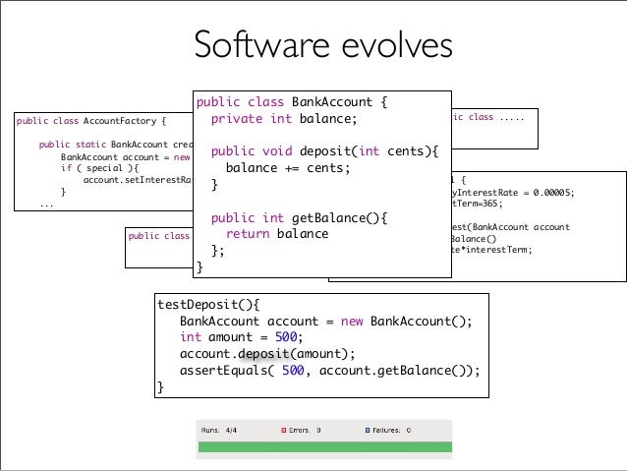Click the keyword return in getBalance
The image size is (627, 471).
(248, 234)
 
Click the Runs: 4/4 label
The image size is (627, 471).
(219, 430)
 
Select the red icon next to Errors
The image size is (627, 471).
(283, 430)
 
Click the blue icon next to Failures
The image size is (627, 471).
(369, 430)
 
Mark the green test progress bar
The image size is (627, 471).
(324, 448)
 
